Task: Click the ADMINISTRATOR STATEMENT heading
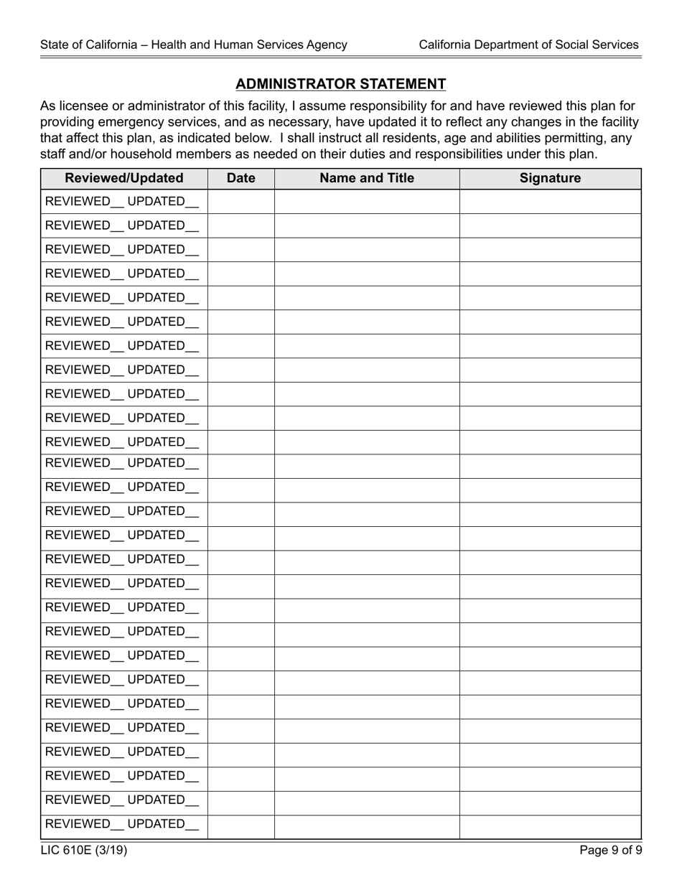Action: coord(340,84)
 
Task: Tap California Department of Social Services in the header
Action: coord(528,45)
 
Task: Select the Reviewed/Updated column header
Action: coord(124,178)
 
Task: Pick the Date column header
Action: coord(240,178)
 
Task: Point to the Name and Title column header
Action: coord(367,178)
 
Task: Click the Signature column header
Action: coord(550,178)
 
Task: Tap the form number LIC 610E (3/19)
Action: coord(84,851)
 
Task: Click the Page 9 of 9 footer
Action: coord(611,851)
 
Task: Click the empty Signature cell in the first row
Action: coord(550,202)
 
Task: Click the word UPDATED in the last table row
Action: coord(156,824)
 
